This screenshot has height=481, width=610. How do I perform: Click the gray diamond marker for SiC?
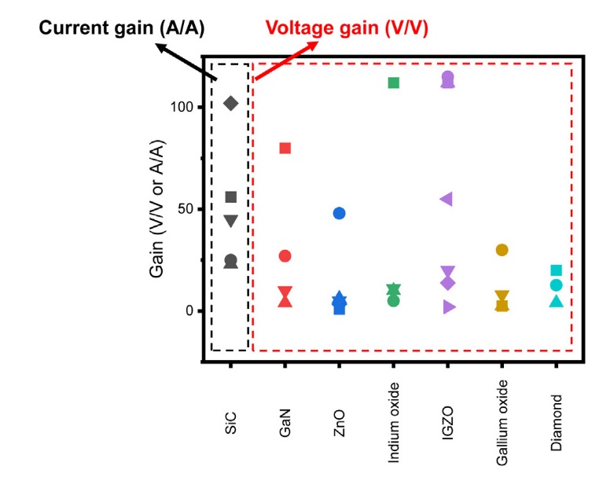click(x=231, y=104)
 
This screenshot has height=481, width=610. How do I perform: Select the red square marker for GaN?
click(x=285, y=148)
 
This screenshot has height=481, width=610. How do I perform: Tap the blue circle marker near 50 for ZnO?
click(x=340, y=213)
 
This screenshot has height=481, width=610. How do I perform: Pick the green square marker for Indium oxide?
click(x=394, y=83)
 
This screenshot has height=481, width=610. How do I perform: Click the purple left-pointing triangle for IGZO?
click(x=446, y=199)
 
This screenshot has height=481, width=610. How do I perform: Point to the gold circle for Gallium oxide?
click(x=502, y=250)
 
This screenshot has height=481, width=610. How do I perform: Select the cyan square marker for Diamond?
click(x=557, y=270)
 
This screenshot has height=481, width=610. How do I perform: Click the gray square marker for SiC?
click(x=231, y=197)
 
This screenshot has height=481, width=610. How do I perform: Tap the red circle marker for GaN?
click(x=285, y=256)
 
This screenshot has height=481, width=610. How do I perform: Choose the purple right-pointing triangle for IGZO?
click(x=449, y=307)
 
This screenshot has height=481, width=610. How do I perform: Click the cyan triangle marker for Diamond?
click(x=557, y=301)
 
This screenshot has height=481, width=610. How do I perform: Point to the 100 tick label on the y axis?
click(x=182, y=107)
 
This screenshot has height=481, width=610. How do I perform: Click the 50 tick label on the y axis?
click(x=186, y=209)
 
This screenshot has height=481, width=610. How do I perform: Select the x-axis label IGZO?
click(x=448, y=423)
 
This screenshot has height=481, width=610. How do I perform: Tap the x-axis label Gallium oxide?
click(x=502, y=423)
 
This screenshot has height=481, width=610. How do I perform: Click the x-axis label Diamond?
click(x=557, y=423)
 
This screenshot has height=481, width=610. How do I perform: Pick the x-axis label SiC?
click(x=230, y=423)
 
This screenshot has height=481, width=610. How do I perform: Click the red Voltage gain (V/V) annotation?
click(x=347, y=28)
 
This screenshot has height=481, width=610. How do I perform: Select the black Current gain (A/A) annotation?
click(x=122, y=28)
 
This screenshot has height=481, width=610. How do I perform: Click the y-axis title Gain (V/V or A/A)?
click(x=156, y=208)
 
